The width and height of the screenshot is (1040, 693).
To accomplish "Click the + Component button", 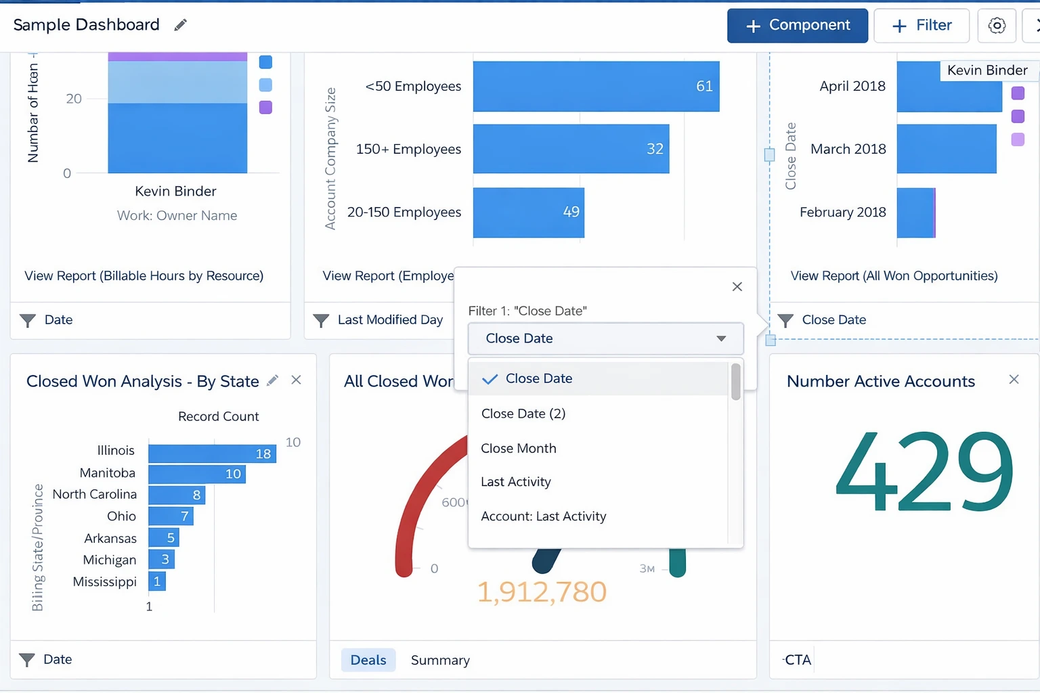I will (797, 26).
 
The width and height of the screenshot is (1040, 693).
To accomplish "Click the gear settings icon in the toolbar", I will (997, 26).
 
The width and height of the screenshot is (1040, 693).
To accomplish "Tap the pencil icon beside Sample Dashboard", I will (180, 25).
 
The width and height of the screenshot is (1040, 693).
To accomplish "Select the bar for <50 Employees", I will (596, 87).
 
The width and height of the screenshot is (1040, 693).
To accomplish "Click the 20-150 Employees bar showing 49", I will (528, 213).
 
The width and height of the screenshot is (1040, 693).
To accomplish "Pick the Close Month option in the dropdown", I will (519, 448).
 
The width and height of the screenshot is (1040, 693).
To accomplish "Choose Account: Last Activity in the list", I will (543, 516).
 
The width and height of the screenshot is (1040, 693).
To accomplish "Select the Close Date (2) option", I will (523, 413).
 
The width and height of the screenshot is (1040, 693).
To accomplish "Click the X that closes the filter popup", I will (737, 287).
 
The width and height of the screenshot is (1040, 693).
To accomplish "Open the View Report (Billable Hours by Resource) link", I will (144, 276).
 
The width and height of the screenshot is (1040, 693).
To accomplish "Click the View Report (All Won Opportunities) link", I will (894, 276).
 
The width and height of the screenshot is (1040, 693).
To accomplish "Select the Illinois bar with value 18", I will (212, 453).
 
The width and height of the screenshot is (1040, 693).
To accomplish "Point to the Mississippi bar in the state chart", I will (157, 581).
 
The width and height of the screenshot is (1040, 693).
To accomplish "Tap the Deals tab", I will (368, 660).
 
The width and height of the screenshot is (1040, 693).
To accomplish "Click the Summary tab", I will (440, 660).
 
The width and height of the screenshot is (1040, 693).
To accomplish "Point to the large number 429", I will (924, 472).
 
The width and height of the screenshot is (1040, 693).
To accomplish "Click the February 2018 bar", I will (915, 213).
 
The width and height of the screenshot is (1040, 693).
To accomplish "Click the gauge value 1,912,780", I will (542, 592).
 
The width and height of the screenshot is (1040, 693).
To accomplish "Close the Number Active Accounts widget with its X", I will (1014, 380).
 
